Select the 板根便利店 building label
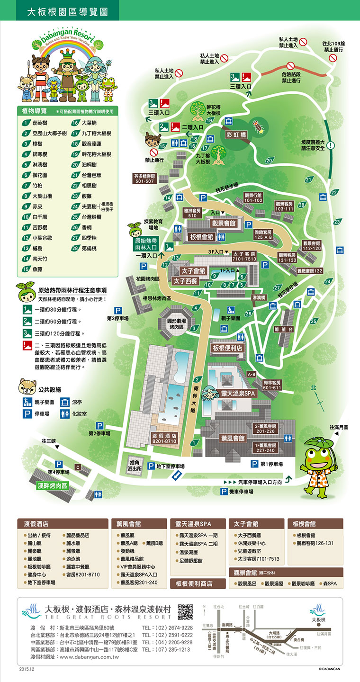coord(227,348)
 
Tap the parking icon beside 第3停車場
coord(118,311)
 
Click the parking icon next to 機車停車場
coord(224,492)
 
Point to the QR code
coord(186,612)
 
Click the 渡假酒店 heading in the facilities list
coord(36,524)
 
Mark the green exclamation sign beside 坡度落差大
coord(331,145)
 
